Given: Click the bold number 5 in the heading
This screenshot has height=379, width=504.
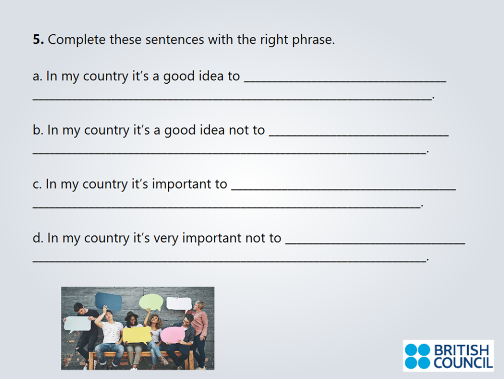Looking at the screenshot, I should tap(38, 40).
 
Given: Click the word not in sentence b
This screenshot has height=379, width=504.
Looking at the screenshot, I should tap(239, 130).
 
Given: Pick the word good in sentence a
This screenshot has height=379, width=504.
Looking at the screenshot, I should tap(180, 77).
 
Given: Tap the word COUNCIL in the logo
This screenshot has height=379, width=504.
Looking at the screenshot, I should tap(463, 362).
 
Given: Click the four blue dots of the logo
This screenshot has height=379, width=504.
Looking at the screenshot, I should tap(417, 356).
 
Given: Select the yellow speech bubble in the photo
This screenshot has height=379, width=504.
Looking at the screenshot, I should tap(137, 335).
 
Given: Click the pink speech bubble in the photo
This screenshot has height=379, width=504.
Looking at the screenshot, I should tap(172, 335).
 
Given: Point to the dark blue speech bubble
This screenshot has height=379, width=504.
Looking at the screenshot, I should tap(108, 301).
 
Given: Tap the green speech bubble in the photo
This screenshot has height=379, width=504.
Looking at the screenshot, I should tap(151, 302).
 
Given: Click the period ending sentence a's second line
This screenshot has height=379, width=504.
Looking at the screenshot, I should tap(433, 98).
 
